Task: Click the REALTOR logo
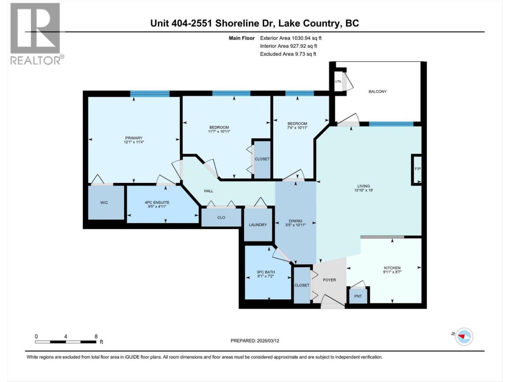pyautogui.click(x=37, y=34)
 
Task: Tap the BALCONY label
pyautogui.click(x=377, y=92)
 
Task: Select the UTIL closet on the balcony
pyautogui.click(x=338, y=82)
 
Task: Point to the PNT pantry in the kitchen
pyautogui.click(x=358, y=296)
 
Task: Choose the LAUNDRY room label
pyautogui.click(x=258, y=225)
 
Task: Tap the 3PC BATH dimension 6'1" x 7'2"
pyautogui.click(x=266, y=276)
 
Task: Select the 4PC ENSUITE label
pyautogui.click(x=157, y=203)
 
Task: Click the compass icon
pyautogui.click(x=464, y=336)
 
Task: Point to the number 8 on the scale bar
pyautogui.click(x=96, y=336)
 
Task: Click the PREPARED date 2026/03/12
pyautogui.click(x=268, y=341)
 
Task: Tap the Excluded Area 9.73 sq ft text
pyautogui.click(x=288, y=54)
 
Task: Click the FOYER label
pyautogui.click(x=329, y=280)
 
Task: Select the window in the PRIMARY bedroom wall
pyautogui.click(x=150, y=94)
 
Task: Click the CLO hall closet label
pyautogui.click(x=221, y=218)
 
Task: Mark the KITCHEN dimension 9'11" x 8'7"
pyautogui.click(x=392, y=272)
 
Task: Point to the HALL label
pyautogui.click(x=208, y=191)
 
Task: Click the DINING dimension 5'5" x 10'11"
pyautogui.click(x=296, y=225)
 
